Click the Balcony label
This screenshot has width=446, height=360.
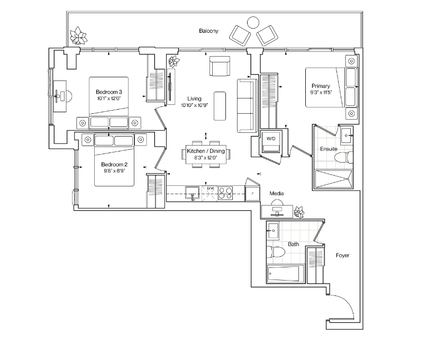pyautogui.click(x=208, y=31)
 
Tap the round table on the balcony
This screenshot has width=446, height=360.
pyautogui.click(x=253, y=22)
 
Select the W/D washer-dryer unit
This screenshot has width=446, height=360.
pyautogui.click(x=271, y=142)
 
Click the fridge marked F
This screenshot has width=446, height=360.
pyautogui.click(x=252, y=194)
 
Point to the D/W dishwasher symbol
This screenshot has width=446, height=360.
pyautogui.click(x=210, y=194)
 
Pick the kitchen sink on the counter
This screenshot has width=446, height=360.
pyautogui.click(x=193, y=193)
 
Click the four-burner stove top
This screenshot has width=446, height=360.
pyautogui.click(x=225, y=193)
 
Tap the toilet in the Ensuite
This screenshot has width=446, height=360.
pyautogui.click(x=343, y=157)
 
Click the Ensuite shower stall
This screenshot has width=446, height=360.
pyautogui.click(x=334, y=179)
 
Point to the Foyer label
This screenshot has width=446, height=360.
pyautogui.click(x=342, y=255)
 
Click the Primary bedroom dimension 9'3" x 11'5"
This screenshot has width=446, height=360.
pyautogui.click(x=321, y=92)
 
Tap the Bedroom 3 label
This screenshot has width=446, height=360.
pyautogui.click(x=108, y=92)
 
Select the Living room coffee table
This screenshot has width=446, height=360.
pyautogui.click(x=220, y=106)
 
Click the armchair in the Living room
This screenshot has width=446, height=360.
pyautogui.click(x=220, y=66)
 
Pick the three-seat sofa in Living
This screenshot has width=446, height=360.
pyautogui.click(x=247, y=105)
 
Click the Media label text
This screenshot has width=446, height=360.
pyautogui.click(x=277, y=194)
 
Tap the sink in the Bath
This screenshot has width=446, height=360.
pyautogui.click(x=273, y=230)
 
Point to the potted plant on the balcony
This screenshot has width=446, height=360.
pyautogui.click(x=78, y=36)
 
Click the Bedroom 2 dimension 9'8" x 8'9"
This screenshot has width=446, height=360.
pyautogui.click(x=114, y=171)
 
